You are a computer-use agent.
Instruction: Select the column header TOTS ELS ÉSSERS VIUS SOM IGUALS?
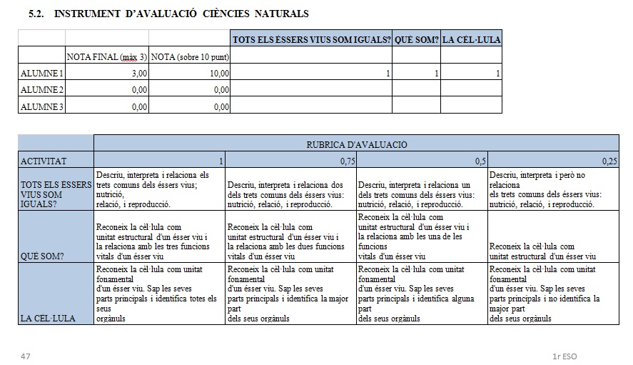point(311,39)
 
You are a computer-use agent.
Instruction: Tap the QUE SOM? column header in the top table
point(416,39)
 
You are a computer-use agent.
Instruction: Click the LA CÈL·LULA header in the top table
point(471,39)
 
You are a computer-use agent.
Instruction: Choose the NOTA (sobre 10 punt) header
point(190,56)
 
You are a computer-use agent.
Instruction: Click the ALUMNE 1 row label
point(41,73)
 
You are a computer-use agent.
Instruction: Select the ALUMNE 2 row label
point(41,89)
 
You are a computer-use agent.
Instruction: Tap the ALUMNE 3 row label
point(41,106)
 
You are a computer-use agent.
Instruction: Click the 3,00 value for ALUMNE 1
point(139,73)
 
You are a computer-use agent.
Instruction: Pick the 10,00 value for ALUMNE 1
point(219,73)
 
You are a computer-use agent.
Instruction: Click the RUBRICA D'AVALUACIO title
point(356,144)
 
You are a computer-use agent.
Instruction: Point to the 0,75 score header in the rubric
point(347,161)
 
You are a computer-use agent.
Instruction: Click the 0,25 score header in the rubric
point(609,161)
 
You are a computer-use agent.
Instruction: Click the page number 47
point(26,355)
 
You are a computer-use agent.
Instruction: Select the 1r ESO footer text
point(564,355)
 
